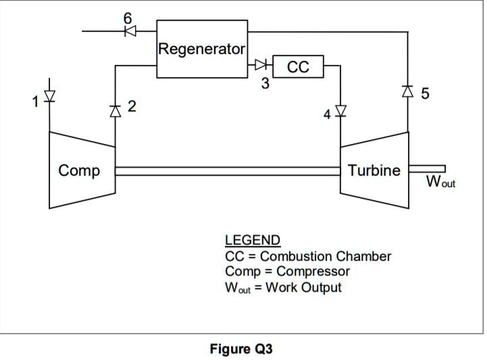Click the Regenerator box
(x=202, y=49)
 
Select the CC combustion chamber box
(x=297, y=67)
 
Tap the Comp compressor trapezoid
(x=80, y=170)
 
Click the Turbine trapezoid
(x=374, y=170)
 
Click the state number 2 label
(x=132, y=106)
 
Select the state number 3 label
(x=265, y=84)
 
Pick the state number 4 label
(x=327, y=115)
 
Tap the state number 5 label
(x=425, y=93)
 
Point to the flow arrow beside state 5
(x=408, y=90)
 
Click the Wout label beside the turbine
(x=440, y=182)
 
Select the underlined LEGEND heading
(x=252, y=240)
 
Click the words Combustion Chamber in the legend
(x=325, y=257)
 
